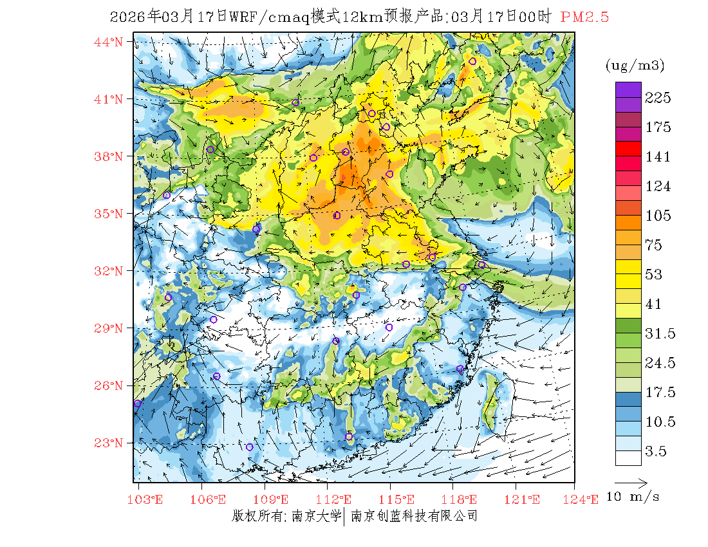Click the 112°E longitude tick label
[x=337, y=500]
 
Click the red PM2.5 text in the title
[x=584, y=17]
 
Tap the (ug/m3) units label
[x=635, y=66]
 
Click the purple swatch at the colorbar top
[x=628, y=89]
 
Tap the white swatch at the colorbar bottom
[x=628, y=458]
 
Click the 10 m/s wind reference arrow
[x=631, y=482]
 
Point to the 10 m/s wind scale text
[x=633, y=497]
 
